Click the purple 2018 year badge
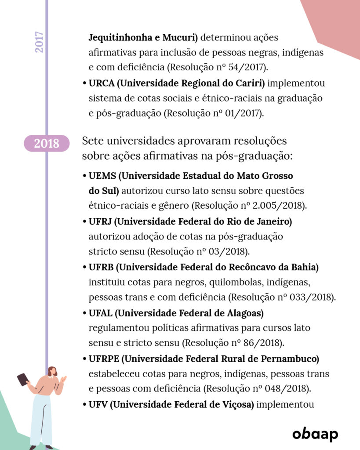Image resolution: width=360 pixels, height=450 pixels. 47,143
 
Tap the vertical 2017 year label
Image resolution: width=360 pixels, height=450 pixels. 40,42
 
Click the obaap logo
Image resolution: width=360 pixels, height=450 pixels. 315,434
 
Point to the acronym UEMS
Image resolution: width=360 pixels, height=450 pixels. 102,176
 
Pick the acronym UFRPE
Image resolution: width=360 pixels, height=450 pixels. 104,359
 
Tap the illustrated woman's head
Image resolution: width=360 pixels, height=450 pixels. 52,371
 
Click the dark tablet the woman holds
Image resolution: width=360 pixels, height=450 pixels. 22,379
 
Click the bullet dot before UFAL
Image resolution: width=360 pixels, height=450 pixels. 84,313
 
